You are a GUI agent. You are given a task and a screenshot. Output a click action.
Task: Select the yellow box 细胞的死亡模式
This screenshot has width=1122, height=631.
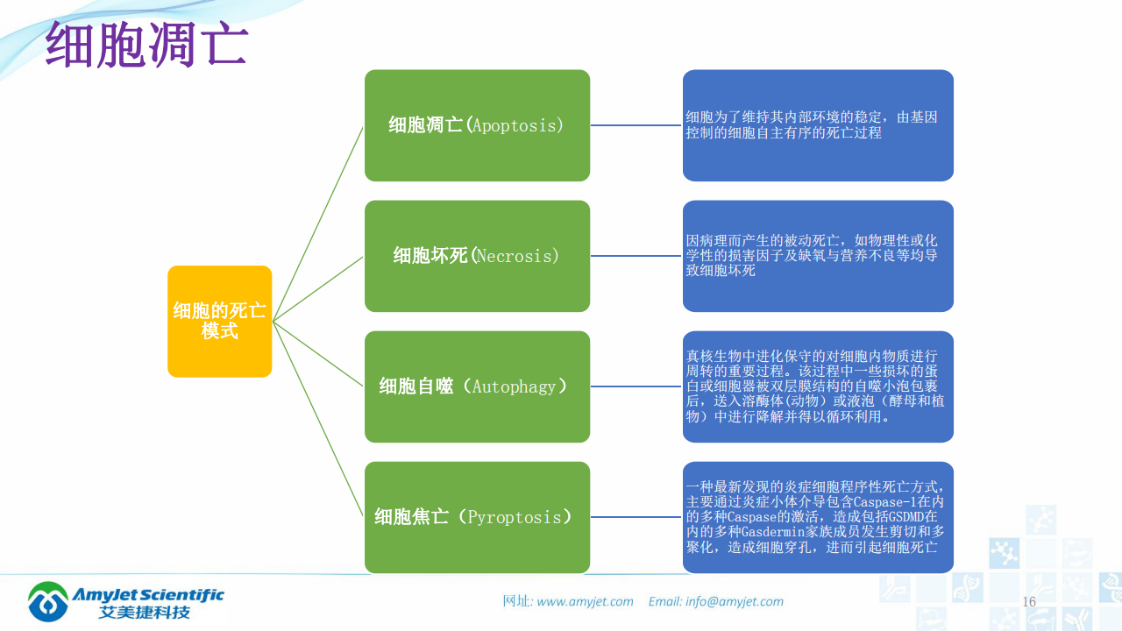pos(219,321)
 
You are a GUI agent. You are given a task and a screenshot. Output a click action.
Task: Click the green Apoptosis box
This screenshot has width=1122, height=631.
pos(477,125)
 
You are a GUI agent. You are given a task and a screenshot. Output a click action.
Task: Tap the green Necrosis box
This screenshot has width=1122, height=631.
pos(477,256)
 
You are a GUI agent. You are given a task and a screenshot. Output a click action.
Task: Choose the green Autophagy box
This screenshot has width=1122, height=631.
pos(477,386)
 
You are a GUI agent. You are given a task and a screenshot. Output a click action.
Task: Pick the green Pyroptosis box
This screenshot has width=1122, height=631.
pos(477,517)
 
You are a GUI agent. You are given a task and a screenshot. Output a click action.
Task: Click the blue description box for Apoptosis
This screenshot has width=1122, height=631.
pos(818,125)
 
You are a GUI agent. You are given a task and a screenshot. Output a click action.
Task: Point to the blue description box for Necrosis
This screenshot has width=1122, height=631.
pos(818,256)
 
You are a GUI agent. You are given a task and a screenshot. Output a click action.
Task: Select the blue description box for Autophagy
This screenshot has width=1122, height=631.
pos(818,386)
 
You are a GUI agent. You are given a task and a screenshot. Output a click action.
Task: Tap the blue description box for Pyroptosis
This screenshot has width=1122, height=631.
pos(818,517)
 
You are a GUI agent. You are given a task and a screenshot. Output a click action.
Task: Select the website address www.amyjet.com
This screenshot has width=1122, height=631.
pos(585,602)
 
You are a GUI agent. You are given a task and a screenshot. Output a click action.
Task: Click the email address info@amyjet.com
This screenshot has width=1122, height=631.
pos(735,602)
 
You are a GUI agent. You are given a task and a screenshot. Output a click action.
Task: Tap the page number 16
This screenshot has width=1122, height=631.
pos(1029,602)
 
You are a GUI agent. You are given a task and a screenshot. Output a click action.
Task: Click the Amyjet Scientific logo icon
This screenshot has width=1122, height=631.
pos(48,601)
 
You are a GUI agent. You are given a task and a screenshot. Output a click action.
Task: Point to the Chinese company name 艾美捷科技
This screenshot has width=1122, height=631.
pos(145,612)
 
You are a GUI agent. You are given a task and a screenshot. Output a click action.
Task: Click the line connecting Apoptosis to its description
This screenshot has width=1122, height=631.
pos(636,125)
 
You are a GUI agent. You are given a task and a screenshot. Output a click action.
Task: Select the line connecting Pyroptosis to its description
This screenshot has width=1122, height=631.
pos(636,517)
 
